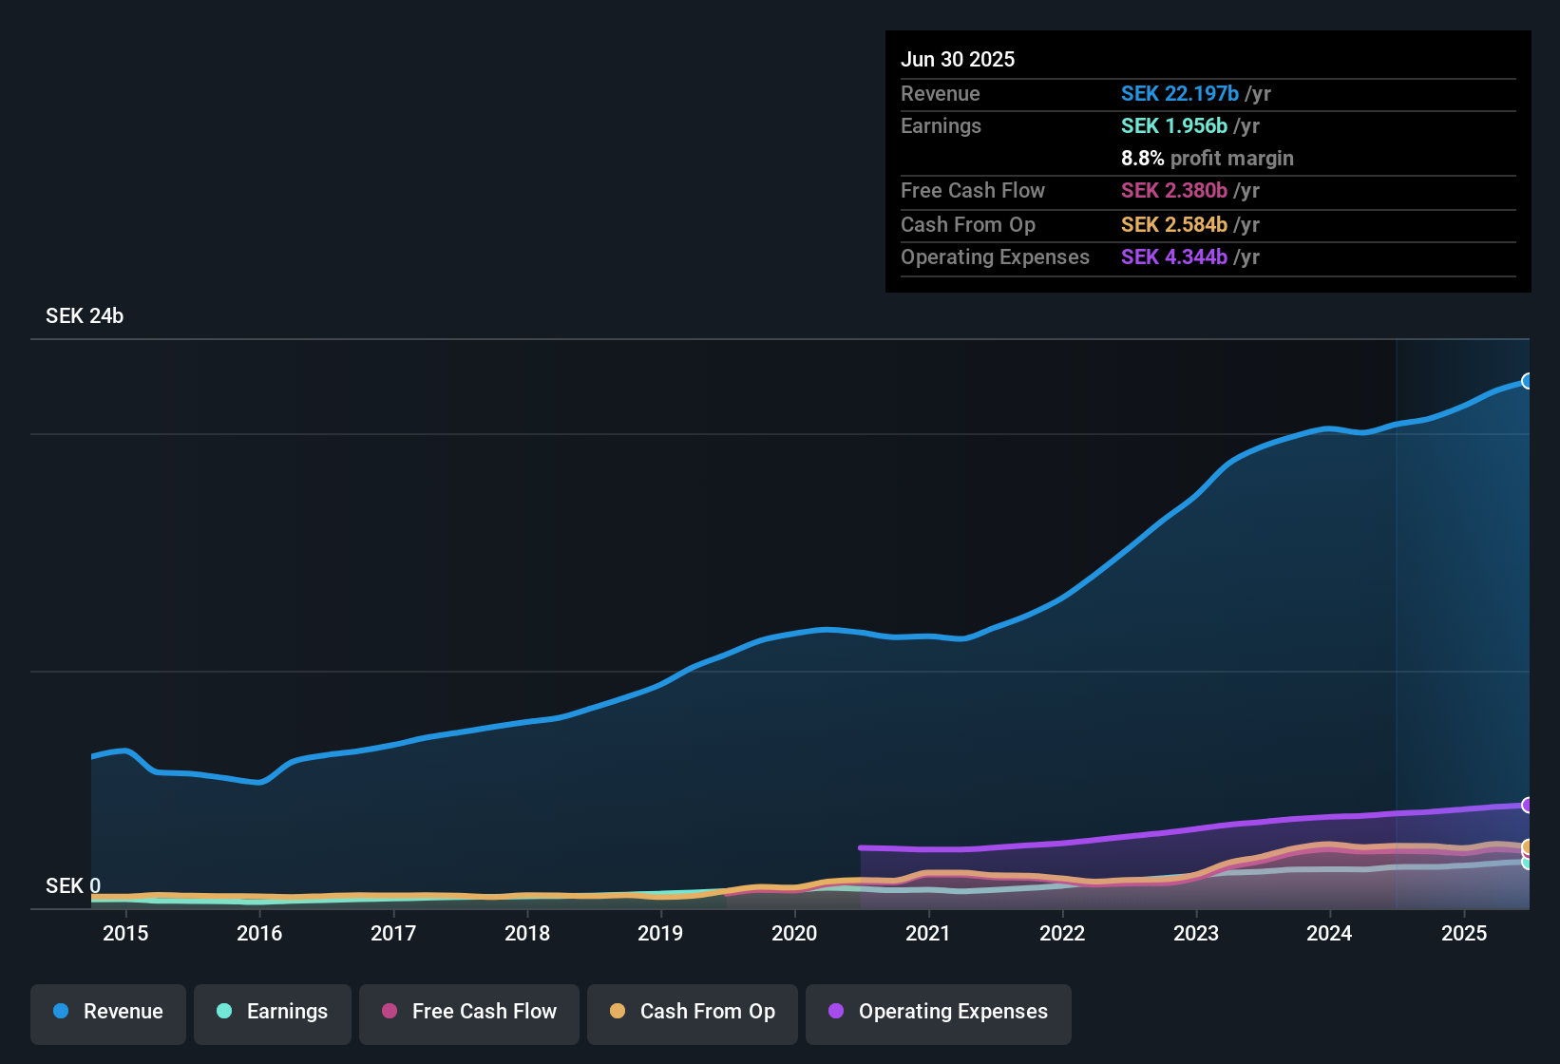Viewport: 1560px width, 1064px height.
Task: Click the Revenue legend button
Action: (108, 1012)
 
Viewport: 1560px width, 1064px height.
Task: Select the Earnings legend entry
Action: (273, 1012)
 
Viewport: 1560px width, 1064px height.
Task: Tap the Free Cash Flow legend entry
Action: (469, 1012)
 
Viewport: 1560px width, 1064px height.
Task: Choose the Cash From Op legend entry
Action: (693, 1012)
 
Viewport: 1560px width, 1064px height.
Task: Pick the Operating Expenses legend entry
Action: (939, 1012)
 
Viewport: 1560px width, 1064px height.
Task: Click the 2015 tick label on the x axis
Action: (125, 934)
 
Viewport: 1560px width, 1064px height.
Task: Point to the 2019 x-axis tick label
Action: (660, 934)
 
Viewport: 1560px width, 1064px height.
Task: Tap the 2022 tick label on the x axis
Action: (1062, 934)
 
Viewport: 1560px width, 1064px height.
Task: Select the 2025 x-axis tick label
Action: (1464, 934)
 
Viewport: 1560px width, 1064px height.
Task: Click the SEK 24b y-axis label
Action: (85, 316)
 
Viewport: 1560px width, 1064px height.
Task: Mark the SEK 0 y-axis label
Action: (73, 886)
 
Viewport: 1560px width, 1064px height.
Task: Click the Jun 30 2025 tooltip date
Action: (958, 60)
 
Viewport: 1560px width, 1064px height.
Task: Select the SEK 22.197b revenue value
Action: (1179, 94)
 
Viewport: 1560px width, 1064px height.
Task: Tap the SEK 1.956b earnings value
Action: (1173, 126)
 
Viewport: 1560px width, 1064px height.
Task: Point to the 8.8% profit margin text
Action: (1207, 159)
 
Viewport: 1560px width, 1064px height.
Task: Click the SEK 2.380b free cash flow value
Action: (1173, 191)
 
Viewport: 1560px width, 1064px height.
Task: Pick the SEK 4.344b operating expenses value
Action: (1173, 257)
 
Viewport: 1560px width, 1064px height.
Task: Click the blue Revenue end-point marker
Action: (1528, 381)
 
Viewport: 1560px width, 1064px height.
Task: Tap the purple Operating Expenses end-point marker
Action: (1528, 805)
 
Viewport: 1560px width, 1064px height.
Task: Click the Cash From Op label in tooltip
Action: (967, 225)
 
